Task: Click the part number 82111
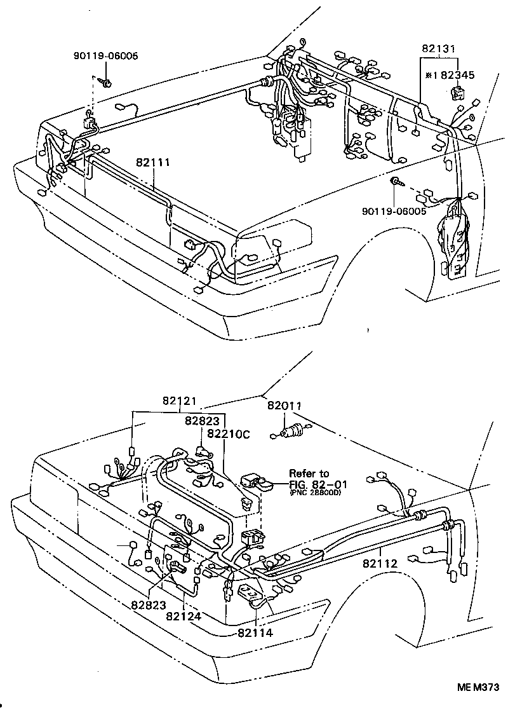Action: click(x=152, y=163)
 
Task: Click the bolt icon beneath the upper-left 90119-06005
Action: click(x=107, y=83)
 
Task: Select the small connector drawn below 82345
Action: click(x=456, y=94)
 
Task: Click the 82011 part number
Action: click(x=284, y=406)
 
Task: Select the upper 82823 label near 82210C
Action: click(x=203, y=420)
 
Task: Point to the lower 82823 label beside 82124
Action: click(x=149, y=604)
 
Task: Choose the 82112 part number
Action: click(x=380, y=563)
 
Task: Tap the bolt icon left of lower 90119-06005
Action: click(x=396, y=183)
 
